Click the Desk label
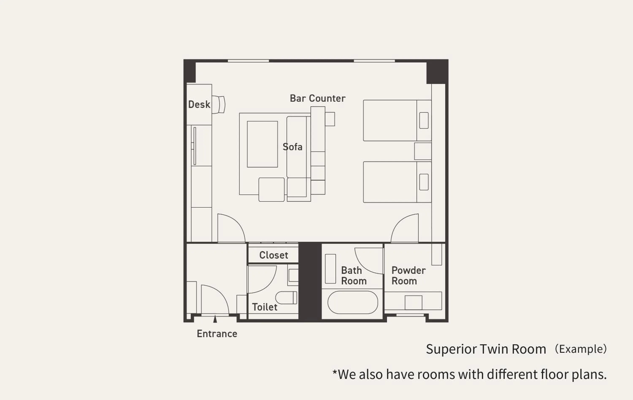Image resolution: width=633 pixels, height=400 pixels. click(x=199, y=105)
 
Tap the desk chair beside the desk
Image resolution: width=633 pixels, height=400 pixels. click(x=219, y=105)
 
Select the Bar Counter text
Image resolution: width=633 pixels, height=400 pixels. click(x=317, y=98)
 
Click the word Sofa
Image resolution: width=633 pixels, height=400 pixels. click(x=292, y=147)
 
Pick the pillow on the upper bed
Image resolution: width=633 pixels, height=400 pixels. click(x=424, y=120)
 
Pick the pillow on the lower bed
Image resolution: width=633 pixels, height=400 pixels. click(x=424, y=182)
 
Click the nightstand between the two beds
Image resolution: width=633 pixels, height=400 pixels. click(x=422, y=151)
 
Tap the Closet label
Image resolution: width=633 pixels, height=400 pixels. click(x=273, y=255)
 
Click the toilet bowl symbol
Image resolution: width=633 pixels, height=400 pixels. click(x=286, y=297)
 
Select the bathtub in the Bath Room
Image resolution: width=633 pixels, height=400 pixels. click(x=353, y=302)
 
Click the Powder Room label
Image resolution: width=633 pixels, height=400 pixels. click(x=408, y=276)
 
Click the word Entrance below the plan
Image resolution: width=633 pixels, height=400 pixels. click(x=217, y=334)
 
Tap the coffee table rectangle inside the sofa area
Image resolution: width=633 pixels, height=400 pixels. click(x=262, y=144)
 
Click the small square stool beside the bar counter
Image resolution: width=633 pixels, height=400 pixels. click(x=330, y=119)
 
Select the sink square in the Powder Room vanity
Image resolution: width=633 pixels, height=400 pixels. click(x=413, y=302)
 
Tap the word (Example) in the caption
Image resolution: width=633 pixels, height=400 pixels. click(x=581, y=349)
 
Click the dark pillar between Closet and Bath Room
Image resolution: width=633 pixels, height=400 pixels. click(x=310, y=281)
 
